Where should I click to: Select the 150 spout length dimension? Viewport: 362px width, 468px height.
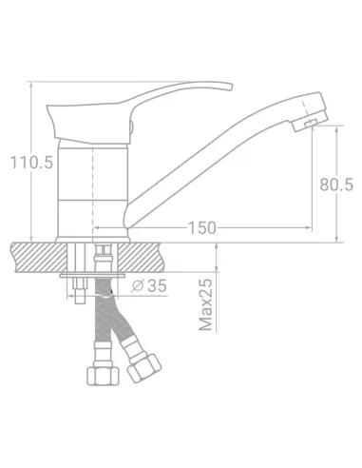coord(203,226)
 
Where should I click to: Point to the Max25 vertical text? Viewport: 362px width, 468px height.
coord(206,304)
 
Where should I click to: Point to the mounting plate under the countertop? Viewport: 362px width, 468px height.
coord(93,275)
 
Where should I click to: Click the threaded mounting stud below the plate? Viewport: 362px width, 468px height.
coord(80,290)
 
